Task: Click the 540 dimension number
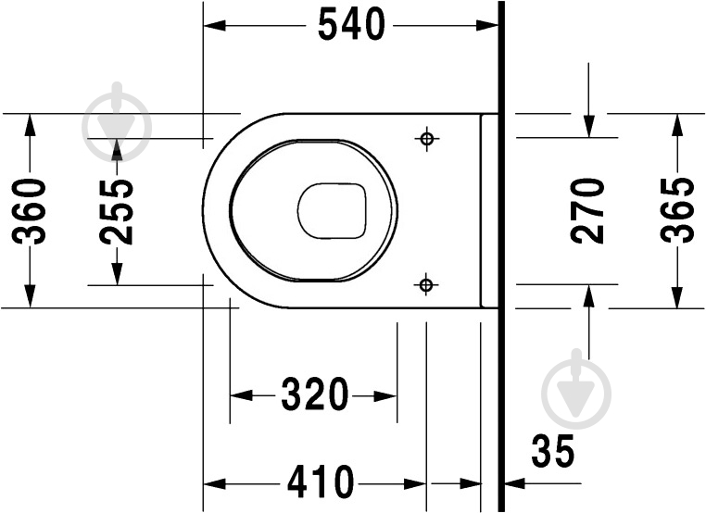pyautogui.click(x=351, y=25)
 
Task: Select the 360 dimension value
pyautogui.click(x=30, y=211)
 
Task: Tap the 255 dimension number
pyautogui.click(x=117, y=212)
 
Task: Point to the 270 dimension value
pyautogui.click(x=587, y=211)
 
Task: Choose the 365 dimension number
pyautogui.click(x=676, y=210)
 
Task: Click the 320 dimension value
pyautogui.click(x=315, y=394)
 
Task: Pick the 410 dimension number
pyautogui.click(x=321, y=482)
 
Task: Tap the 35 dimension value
pyautogui.click(x=553, y=451)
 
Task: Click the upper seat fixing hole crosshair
pyautogui.click(x=426, y=138)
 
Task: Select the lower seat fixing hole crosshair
pyautogui.click(x=425, y=284)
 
